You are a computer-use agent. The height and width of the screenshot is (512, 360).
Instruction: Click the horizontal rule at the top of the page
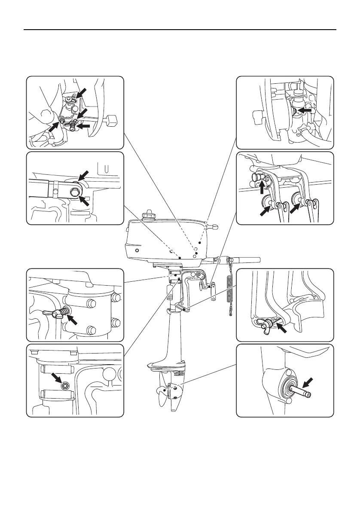[180, 30]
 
